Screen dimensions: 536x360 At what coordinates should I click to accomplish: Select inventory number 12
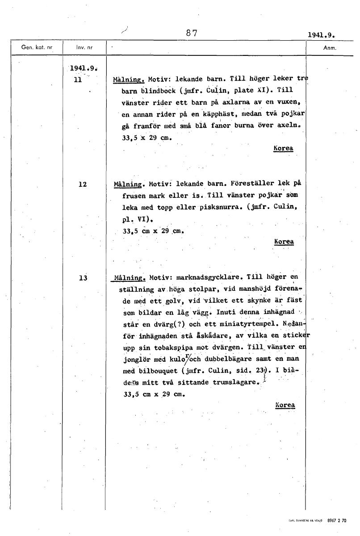[x=82, y=184]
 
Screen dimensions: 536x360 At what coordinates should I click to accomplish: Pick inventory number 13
[x=82, y=278]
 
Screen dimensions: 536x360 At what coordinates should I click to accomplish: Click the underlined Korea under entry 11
[x=283, y=148]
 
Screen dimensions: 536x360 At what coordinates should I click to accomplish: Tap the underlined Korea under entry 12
[x=284, y=242]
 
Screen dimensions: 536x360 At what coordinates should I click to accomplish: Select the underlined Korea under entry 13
[x=285, y=405]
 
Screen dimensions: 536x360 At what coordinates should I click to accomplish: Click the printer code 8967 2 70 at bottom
[x=336, y=520]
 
